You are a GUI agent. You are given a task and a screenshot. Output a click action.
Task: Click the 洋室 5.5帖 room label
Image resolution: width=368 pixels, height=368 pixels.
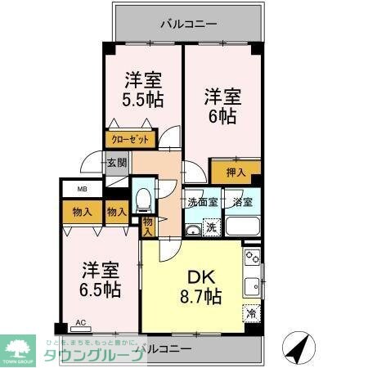click(x=142, y=90)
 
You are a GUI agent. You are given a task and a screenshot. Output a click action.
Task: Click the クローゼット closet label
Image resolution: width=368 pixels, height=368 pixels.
click(x=130, y=141)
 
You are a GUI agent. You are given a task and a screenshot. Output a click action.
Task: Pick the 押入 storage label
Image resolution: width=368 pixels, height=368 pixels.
click(x=235, y=173)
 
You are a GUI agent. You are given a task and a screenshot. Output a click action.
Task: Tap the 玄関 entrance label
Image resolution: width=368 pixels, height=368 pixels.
click(x=116, y=163)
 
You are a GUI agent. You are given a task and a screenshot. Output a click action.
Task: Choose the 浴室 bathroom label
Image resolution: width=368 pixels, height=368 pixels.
click(x=243, y=202)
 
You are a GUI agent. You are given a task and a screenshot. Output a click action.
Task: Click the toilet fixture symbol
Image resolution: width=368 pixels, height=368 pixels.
click(x=144, y=199)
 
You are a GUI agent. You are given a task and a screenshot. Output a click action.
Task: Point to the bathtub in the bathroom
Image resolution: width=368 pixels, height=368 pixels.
click(x=242, y=226)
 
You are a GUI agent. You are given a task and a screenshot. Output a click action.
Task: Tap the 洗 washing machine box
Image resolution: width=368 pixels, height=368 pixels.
click(x=211, y=227)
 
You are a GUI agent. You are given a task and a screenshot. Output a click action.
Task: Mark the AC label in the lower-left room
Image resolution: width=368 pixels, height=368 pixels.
click(x=80, y=322)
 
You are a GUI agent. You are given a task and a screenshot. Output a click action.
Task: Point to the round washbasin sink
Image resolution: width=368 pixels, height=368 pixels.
click(x=192, y=228)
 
